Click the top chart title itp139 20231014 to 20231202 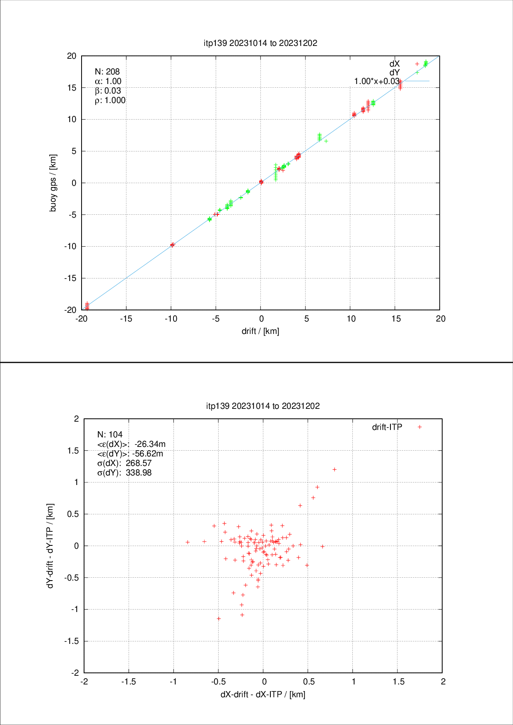pyautogui.click(x=260, y=43)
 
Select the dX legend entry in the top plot pyautogui.click(x=395, y=64)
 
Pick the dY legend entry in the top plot pyautogui.click(x=395, y=72)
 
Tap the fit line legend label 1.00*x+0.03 pyautogui.click(x=376, y=81)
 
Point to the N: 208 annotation pyautogui.click(x=107, y=72)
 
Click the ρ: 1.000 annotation pyautogui.click(x=110, y=100)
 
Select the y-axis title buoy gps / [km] pyautogui.click(x=53, y=183)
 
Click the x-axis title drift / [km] pyautogui.click(x=260, y=331)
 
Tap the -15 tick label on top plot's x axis pyautogui.click(x=126, y=319)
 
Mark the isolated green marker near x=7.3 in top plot pyautogui.click(x=326, y=141)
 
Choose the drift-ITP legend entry pyautogui.click(x=387, y=427)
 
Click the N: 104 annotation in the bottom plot pyautogui.click(x=110, y=435)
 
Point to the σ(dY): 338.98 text pyautogui.click(x=124, y=473)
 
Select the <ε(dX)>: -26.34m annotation pyautogui.click(x=131, y=444)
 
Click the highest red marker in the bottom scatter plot pyautogui.click(x=335, y=469)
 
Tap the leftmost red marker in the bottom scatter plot pyautogui.click(x=188, y=542)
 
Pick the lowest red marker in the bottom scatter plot pyautogui.click(x=219, y=619)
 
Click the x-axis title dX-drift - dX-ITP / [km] pyautogui.click(x=263, y=694)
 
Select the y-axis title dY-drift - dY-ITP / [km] pyautogui.click(x=50, y=546)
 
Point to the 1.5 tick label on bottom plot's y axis pyautogui.click(x=73, y=451)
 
